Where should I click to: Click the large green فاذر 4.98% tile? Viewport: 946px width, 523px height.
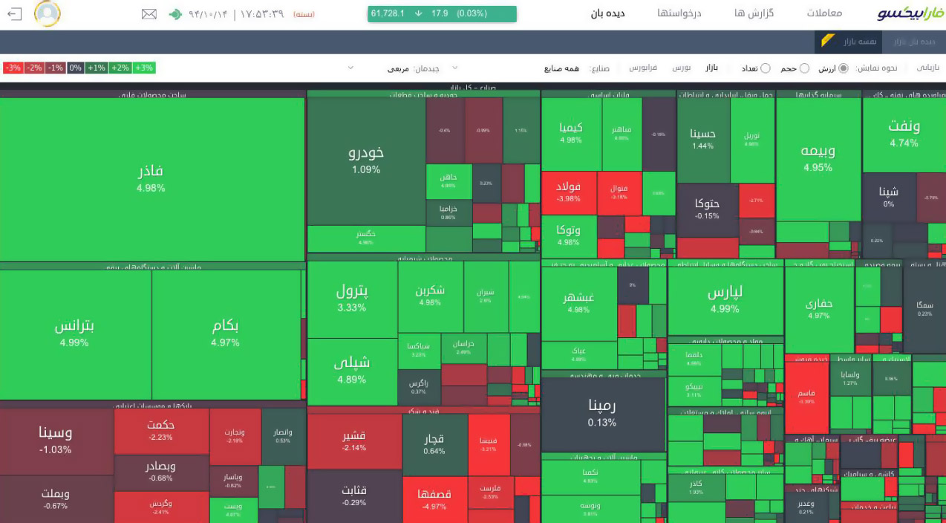click(151, 178)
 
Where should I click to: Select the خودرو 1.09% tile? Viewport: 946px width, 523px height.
click(366, 160)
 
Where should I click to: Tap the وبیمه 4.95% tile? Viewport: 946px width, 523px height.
click(818, 157)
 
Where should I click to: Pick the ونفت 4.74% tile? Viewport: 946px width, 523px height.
click(904, 133)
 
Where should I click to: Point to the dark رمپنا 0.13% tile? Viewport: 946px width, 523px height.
click(602, 414)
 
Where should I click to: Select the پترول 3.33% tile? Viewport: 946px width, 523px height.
click(352, 298)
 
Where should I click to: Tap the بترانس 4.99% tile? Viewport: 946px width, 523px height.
click(75, 334)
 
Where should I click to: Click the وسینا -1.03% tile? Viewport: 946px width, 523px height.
click(56, 441)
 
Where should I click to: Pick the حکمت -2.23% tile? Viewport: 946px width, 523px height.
click(161, 431)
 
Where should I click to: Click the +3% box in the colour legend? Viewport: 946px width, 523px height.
click(144, 68)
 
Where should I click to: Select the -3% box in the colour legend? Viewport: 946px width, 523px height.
click(13, 68)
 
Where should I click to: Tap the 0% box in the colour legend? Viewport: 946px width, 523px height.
click(75, 68)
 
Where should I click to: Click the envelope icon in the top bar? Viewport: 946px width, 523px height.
click(149, 14)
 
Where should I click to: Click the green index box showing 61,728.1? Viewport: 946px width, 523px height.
click(442, 13)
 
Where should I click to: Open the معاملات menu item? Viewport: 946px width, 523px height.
click(824, 13)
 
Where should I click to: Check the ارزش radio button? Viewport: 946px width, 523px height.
click(843, 68)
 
